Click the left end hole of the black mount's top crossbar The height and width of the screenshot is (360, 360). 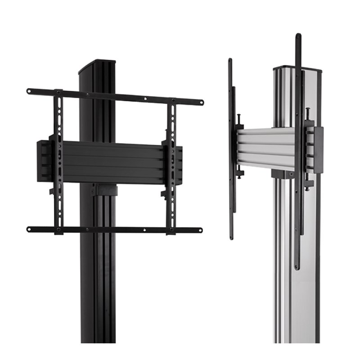(30, 91)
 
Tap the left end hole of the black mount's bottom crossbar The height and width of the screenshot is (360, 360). (30, 229)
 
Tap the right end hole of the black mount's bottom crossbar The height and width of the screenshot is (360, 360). (200, 230)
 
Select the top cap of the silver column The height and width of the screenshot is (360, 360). (297, 69)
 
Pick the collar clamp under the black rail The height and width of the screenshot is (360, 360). (104, 190)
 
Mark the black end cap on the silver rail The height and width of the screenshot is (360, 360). (319, 150)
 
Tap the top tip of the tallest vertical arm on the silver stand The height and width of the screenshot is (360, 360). (298, 36)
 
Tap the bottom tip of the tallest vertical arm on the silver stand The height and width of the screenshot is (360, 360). (297, 267)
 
